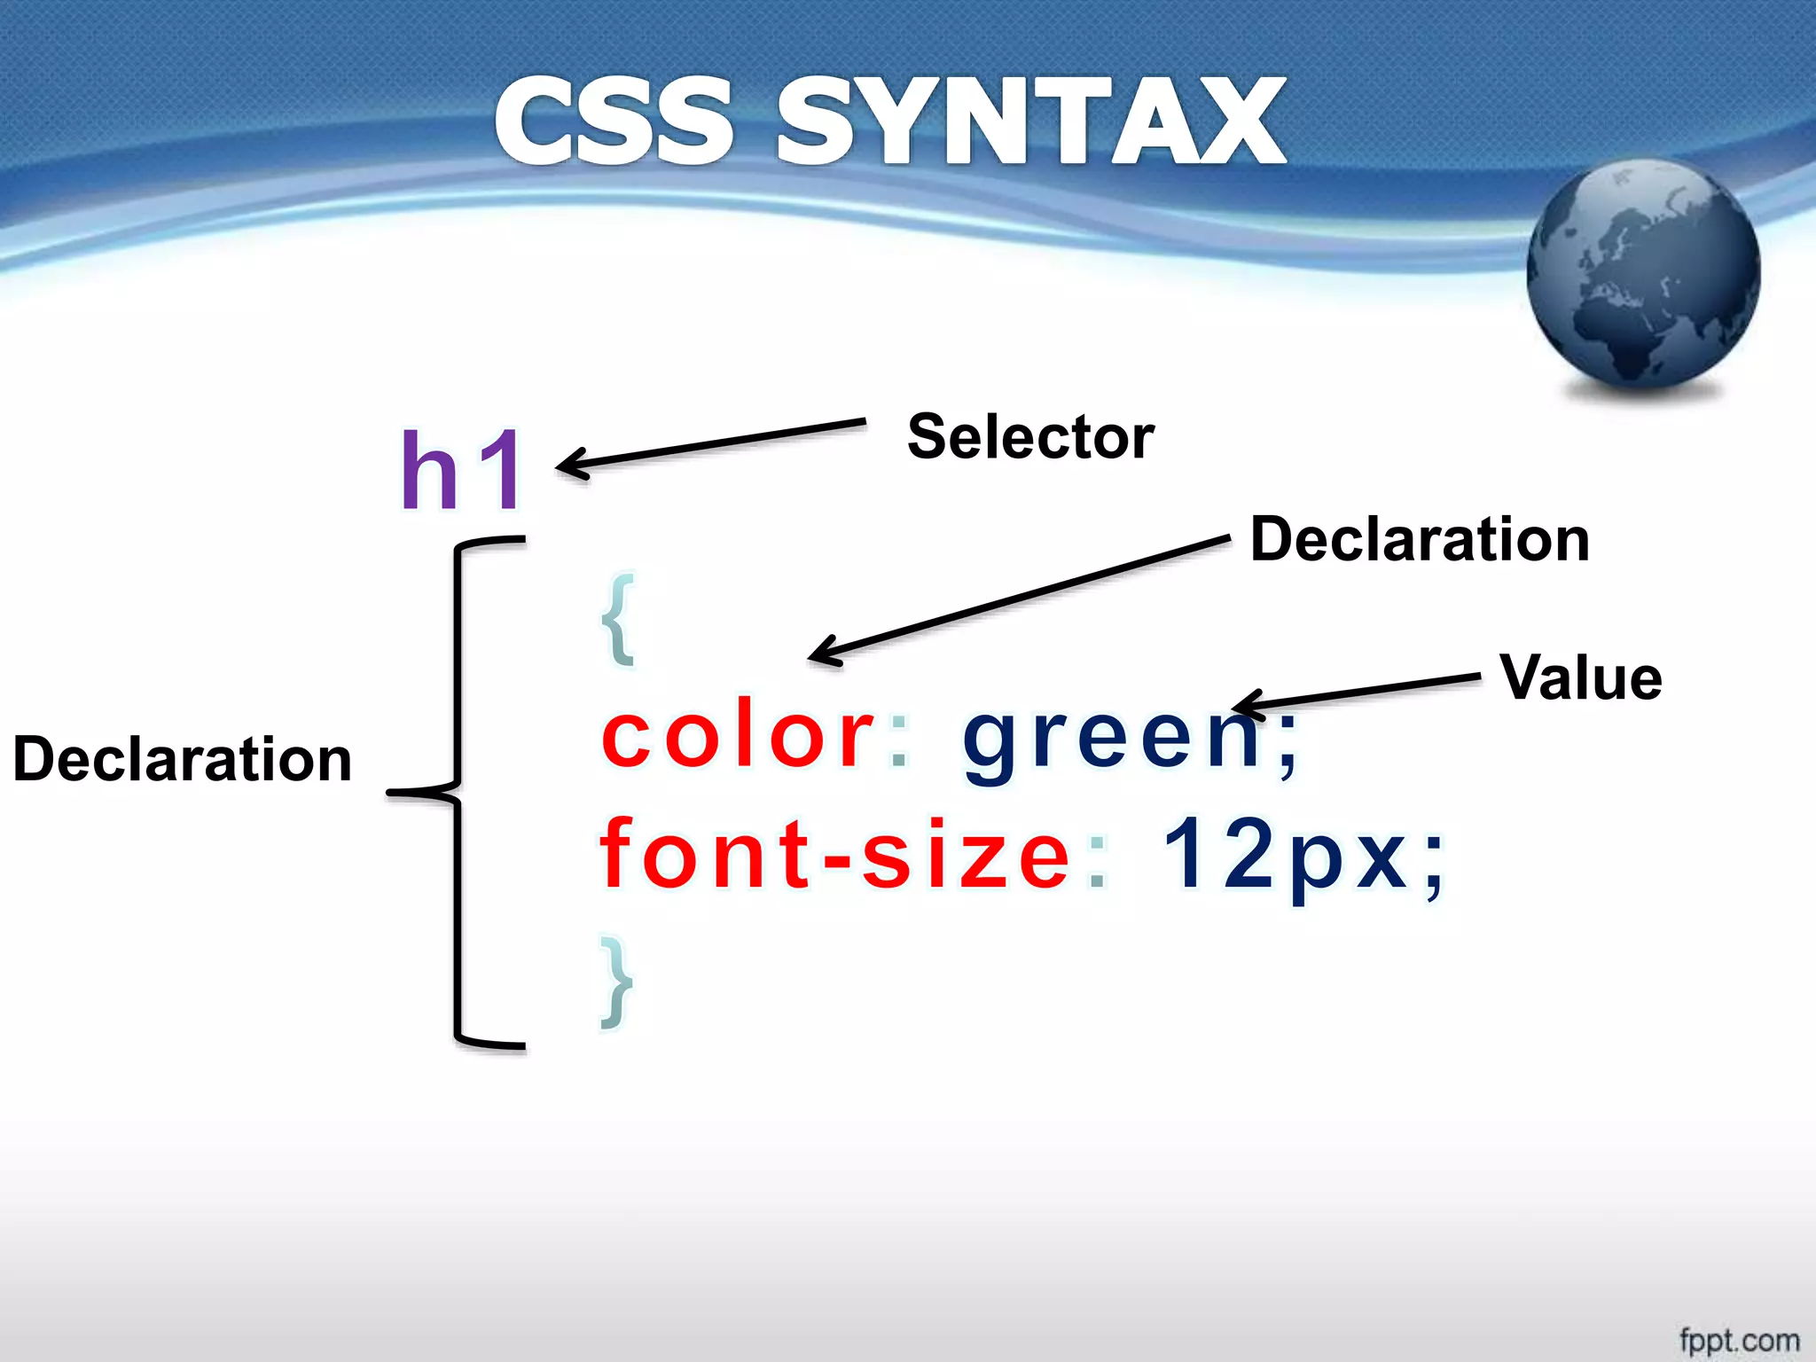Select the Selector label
pyautogui.click(x=1030, y=437)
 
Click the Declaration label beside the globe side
pyautogui.click(x=1420, y=539)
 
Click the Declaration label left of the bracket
pyautogui.click(x=183, y=760)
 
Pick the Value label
pyautogui.click(x=1580, y=678)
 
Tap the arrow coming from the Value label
pyautogui.click(x=1357, y=691)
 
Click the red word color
pyautogui.click(x=739, y=735)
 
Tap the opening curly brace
pyautogui.click(x=619, y=619)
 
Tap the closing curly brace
pyautogui.click(x=617, y=982)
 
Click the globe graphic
pyautogui.click(x=1643, y=276)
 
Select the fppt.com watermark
pyautogui.click(x=1739, y=1340)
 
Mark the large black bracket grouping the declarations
pyautogui.click(x=458, y=792)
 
